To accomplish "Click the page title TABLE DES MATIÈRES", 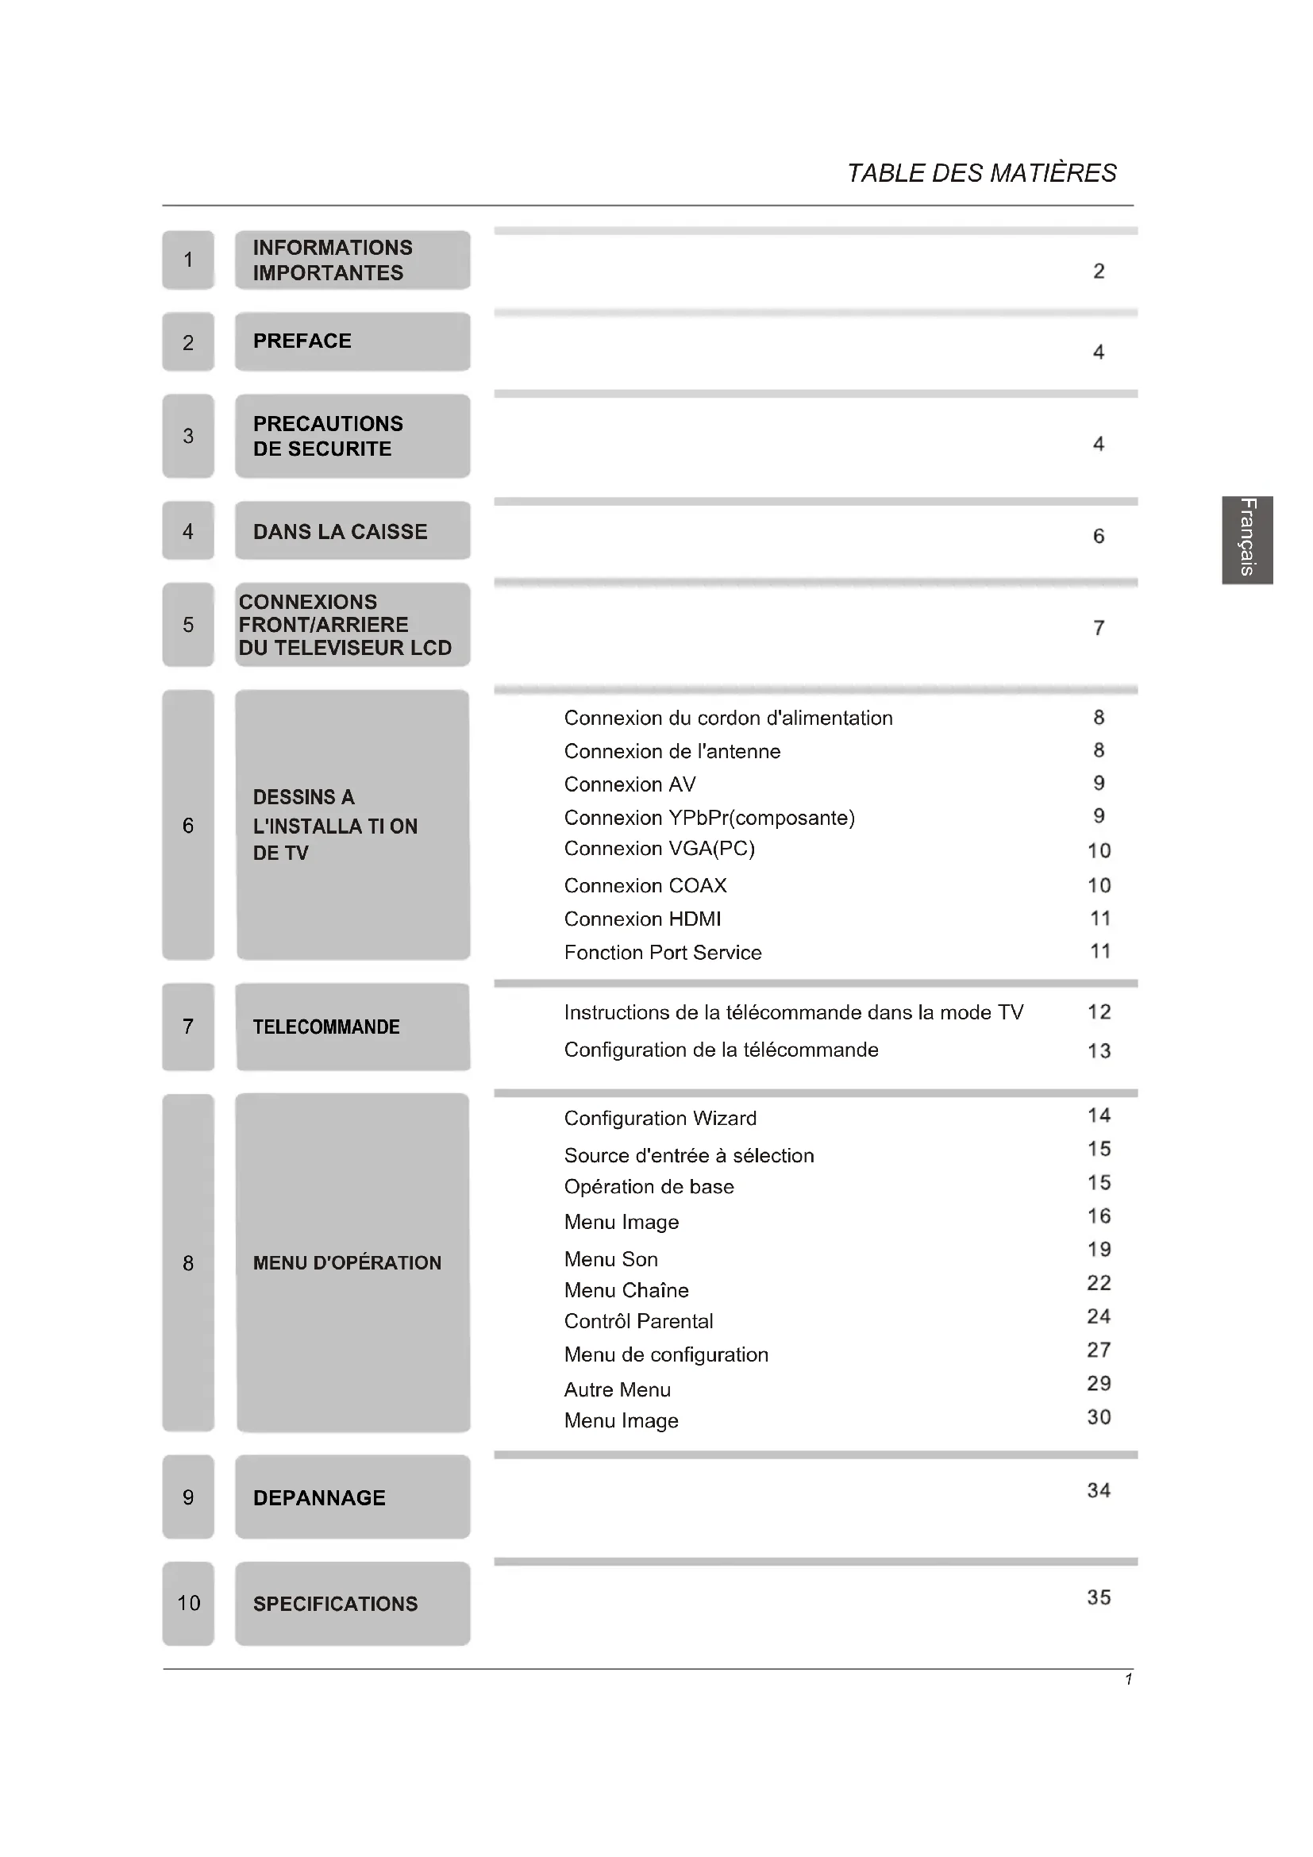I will point(980,173).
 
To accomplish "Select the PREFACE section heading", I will point(302,341).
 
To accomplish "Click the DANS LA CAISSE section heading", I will point(340,531).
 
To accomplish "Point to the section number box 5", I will point(188,624).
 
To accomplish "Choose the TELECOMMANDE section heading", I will point(325,1027).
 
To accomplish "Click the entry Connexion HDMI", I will point(642,919).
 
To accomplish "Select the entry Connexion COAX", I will point(645,886).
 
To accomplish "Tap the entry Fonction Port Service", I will point(662,952).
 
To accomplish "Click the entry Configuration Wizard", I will point(660,1118).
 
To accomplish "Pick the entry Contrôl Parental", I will point(638,1321).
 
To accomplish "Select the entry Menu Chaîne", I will point(626,1290).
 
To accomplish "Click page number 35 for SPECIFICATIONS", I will point(1098,1597).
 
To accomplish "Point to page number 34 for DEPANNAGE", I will point(1098,1491).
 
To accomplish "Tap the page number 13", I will point(1098,1050).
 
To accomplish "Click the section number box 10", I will point(188,1603).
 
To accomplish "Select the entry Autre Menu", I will point(617,1389).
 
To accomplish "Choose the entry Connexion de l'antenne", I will point(672,751).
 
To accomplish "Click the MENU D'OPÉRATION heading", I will point(347,1262).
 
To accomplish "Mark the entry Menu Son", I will point(610,1259).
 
